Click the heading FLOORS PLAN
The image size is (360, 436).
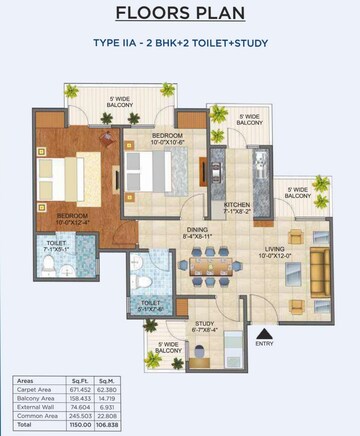click(179, 14)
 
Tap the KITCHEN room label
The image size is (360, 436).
click(236, 204)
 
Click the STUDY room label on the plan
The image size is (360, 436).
click(206, 323)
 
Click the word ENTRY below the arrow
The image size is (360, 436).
click(264, 345)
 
